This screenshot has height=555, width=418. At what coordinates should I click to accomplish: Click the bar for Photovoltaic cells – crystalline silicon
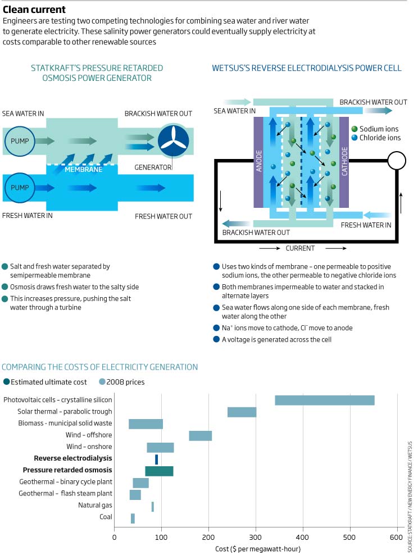[x=325, y=400]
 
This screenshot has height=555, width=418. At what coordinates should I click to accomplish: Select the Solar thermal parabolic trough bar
[x=242, y=412]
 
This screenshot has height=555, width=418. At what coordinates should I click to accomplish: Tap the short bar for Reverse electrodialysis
[x=157, y=459]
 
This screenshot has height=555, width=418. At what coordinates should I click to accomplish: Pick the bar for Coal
[x=133, y=518]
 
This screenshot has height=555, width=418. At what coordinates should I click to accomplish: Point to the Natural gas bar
[x=152, y=507]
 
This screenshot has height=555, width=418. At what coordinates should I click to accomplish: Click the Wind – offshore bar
[x=200, y=435]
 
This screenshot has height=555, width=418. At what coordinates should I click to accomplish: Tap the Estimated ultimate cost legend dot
[x=6, y=382]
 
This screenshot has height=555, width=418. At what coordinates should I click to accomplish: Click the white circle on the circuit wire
[x=397, y=161]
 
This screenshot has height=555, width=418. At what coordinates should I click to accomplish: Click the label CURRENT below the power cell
[x=300, y=248]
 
